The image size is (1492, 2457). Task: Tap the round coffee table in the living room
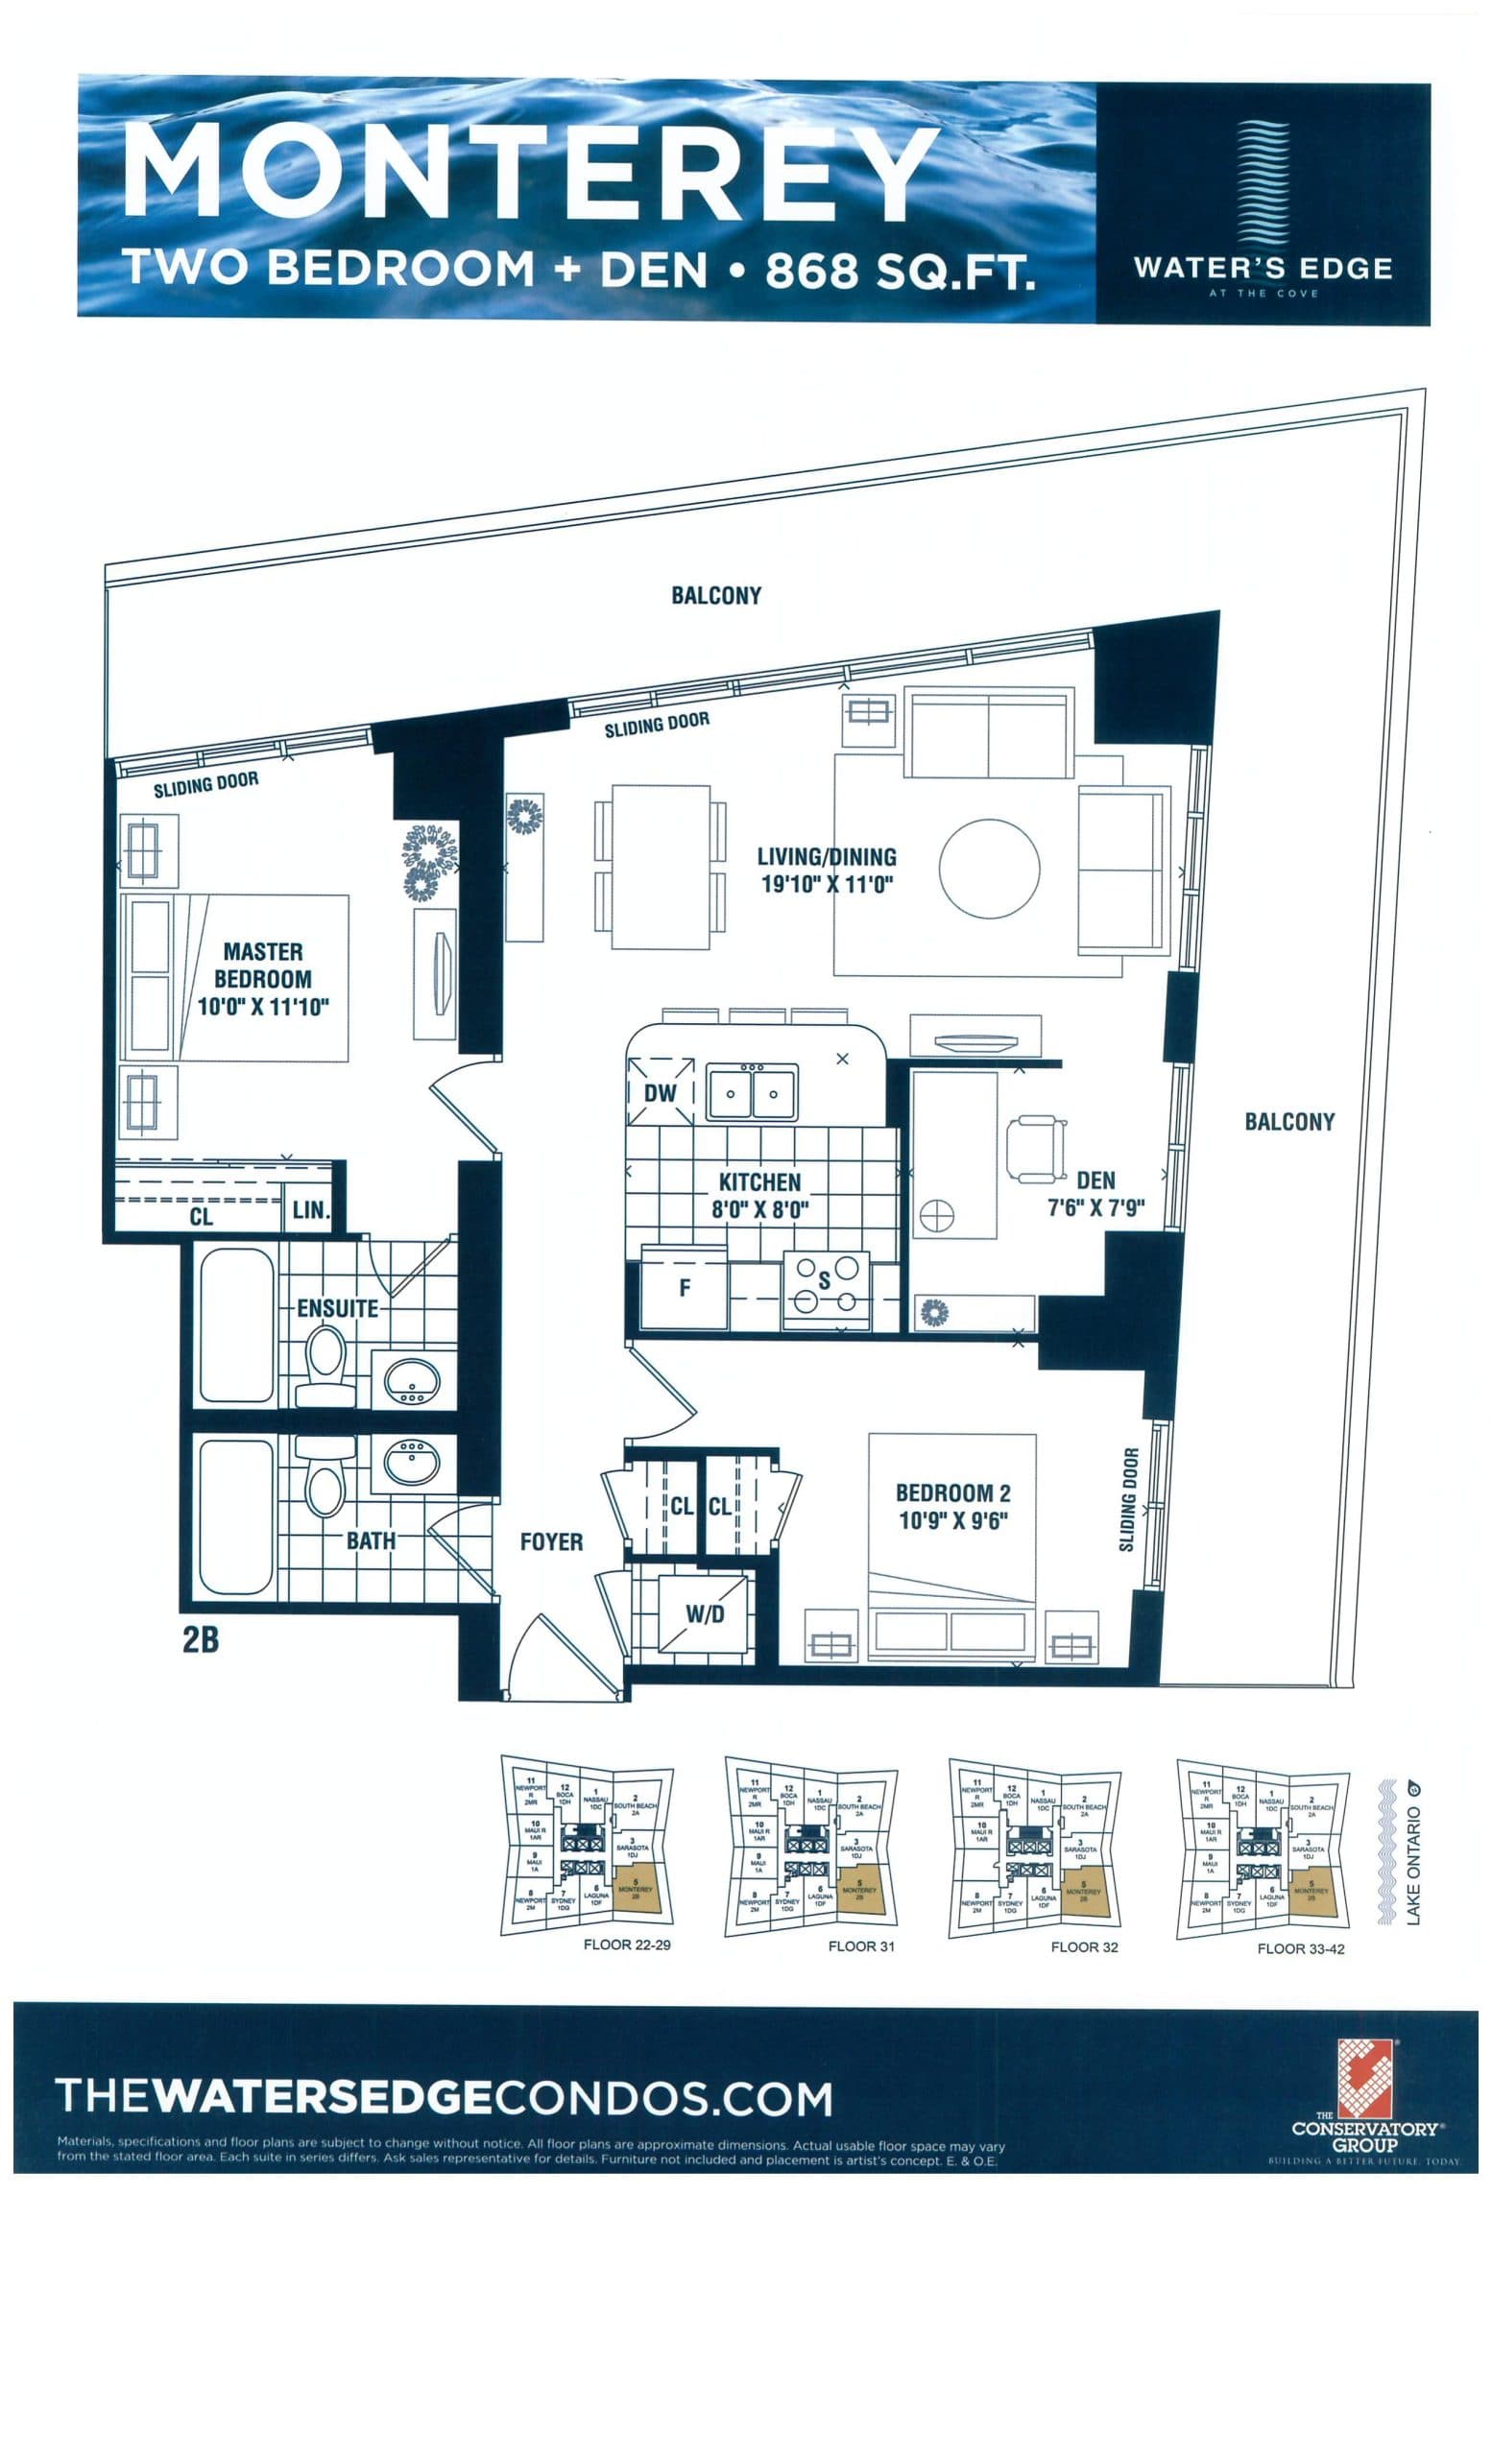pyautogui.click(x=988, y=868)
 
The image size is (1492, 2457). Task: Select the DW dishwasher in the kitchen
pyautogui.click(x=660, y=1093)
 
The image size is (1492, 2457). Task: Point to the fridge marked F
pyautogui.click(x=685, y=1288)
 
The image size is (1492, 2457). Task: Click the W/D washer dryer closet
pyautogui.click(x=704, y=1613)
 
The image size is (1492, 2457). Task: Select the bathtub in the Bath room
pyautogui.click(x=235, y=1515)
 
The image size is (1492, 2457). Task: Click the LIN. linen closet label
pyautogui.click(x=310, y=1210)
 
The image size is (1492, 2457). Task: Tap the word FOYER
pyautogui.click(x=550, y=1541)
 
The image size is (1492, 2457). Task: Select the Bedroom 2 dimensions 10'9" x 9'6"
pyautogui.click(x=951, y=1520)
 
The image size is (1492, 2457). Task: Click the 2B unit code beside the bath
pyautogui.click(x=201, y=1639)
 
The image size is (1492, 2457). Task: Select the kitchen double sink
pyautogui.click(x=751, y=1093)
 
